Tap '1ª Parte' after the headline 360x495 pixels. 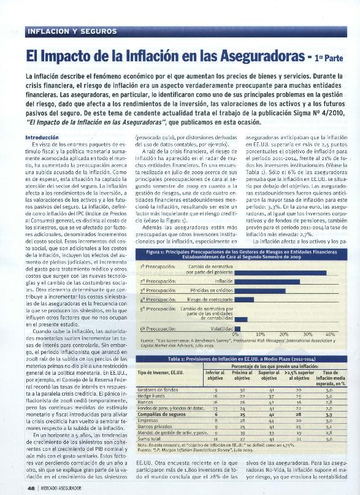tap(329, 59)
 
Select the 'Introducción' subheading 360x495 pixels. tap(42, 137)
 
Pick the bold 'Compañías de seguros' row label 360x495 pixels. tap(161, 415)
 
